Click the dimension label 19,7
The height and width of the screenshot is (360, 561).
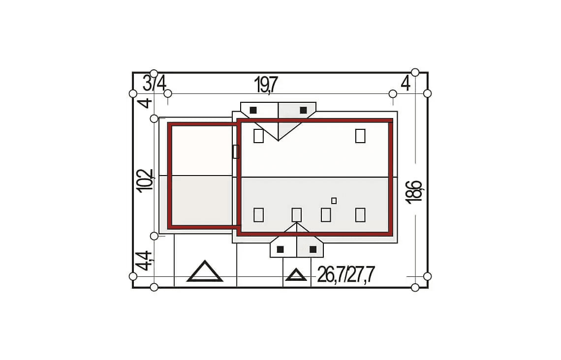[265, 85]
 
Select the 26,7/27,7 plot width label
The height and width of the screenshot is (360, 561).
[345, 274]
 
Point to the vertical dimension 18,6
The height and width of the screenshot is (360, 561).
[414, 192]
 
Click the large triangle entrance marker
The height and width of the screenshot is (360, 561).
[205, 271]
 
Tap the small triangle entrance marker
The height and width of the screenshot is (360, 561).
[296, 274]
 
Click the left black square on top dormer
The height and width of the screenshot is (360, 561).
[253, 110]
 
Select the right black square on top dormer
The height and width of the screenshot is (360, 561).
[304, 110]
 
